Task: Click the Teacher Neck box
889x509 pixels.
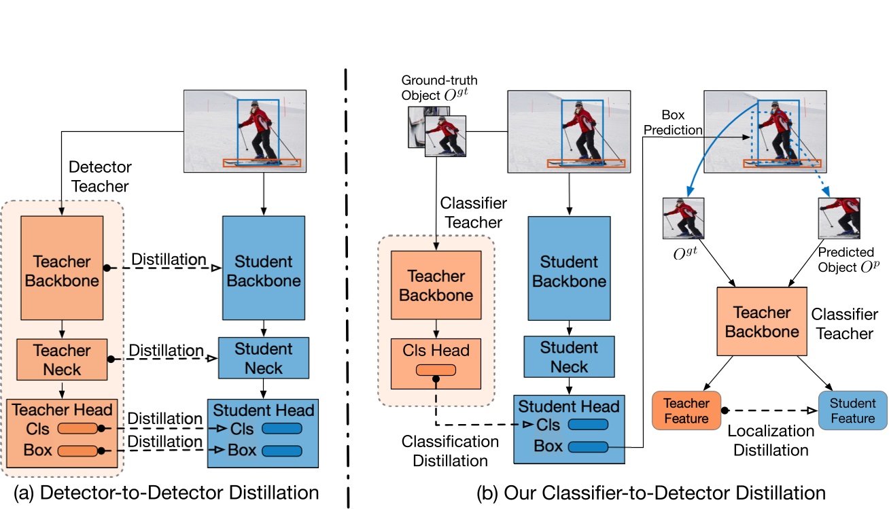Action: pyautogui.click(x=62, y=360)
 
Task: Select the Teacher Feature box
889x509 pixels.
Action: pyautogui.click(x=686, y=410)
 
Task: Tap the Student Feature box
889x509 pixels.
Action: pyautogui.click(x=852, y=410)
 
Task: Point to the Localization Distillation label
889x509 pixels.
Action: pyautogui.click(x=771, y=440)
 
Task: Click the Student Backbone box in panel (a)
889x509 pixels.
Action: pyautogui.click(x=263, y=270)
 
